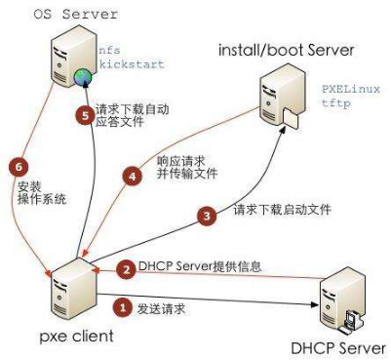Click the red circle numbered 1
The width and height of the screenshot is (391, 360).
pos(123,306)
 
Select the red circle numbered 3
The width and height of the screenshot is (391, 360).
pos(206,217)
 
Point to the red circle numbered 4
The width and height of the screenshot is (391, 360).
pos(133,177)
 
